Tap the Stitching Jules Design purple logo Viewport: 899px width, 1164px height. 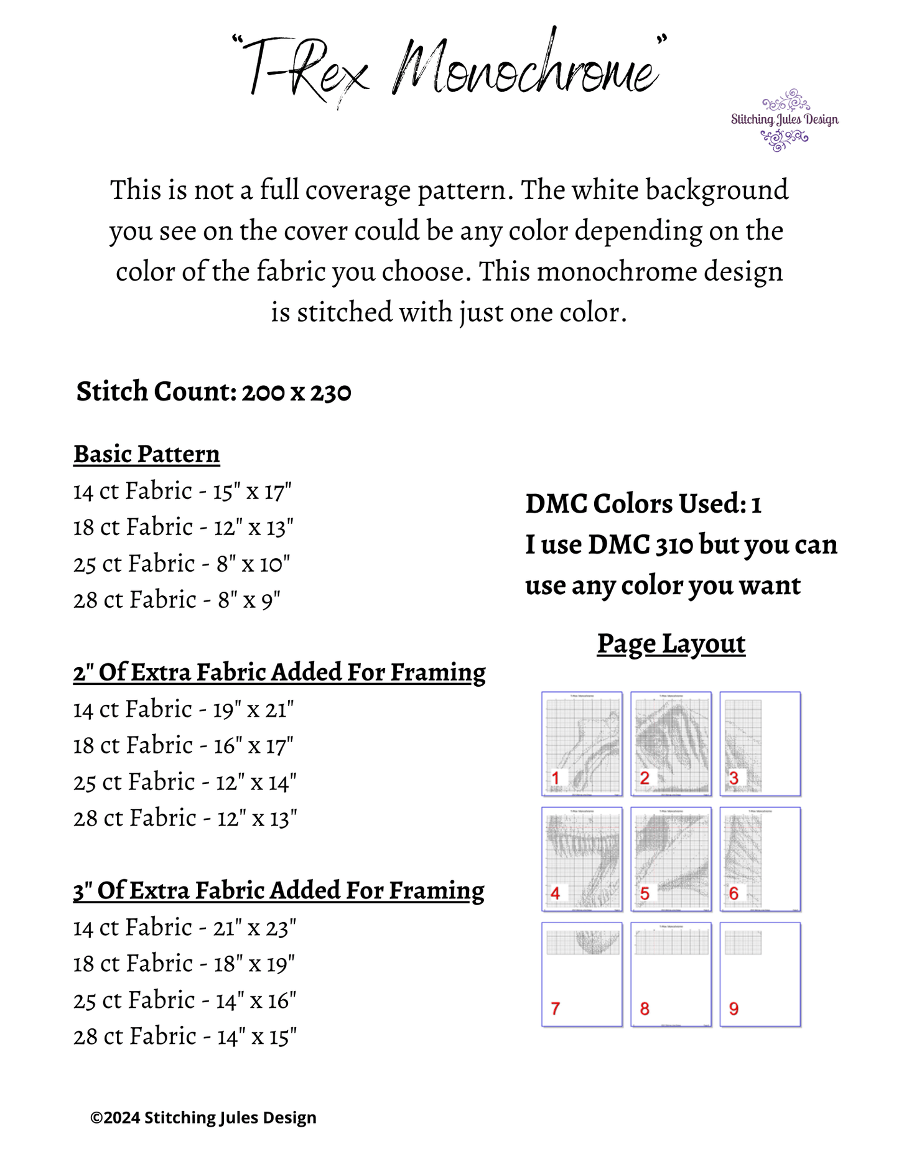coord(784,120)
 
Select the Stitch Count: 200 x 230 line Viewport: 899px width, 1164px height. coord(213,392)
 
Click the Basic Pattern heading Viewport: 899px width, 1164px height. coord(146,454)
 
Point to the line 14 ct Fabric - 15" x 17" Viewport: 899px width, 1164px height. coord(182,491)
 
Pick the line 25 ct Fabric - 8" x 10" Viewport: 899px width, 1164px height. coord(181,564)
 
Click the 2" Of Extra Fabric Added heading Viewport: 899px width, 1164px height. coord(279,673)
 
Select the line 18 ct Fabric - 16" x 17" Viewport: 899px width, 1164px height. coord(182,746)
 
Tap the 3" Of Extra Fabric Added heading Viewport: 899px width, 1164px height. coord(278,891)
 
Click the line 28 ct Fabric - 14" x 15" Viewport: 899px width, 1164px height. coord(184,1037)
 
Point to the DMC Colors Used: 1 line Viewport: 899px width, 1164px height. coord(643,504)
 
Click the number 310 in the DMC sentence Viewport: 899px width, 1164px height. coord(674,545)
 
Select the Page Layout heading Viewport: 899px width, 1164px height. coord(671,644)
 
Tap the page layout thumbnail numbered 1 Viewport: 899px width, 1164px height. coord(582,743)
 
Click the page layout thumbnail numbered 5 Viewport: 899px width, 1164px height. coord(671,859)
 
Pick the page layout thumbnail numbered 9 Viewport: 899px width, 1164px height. coord(760,974)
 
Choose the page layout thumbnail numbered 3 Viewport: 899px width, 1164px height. coord(760,743)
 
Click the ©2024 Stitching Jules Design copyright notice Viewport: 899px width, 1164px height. coord(203,1117)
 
